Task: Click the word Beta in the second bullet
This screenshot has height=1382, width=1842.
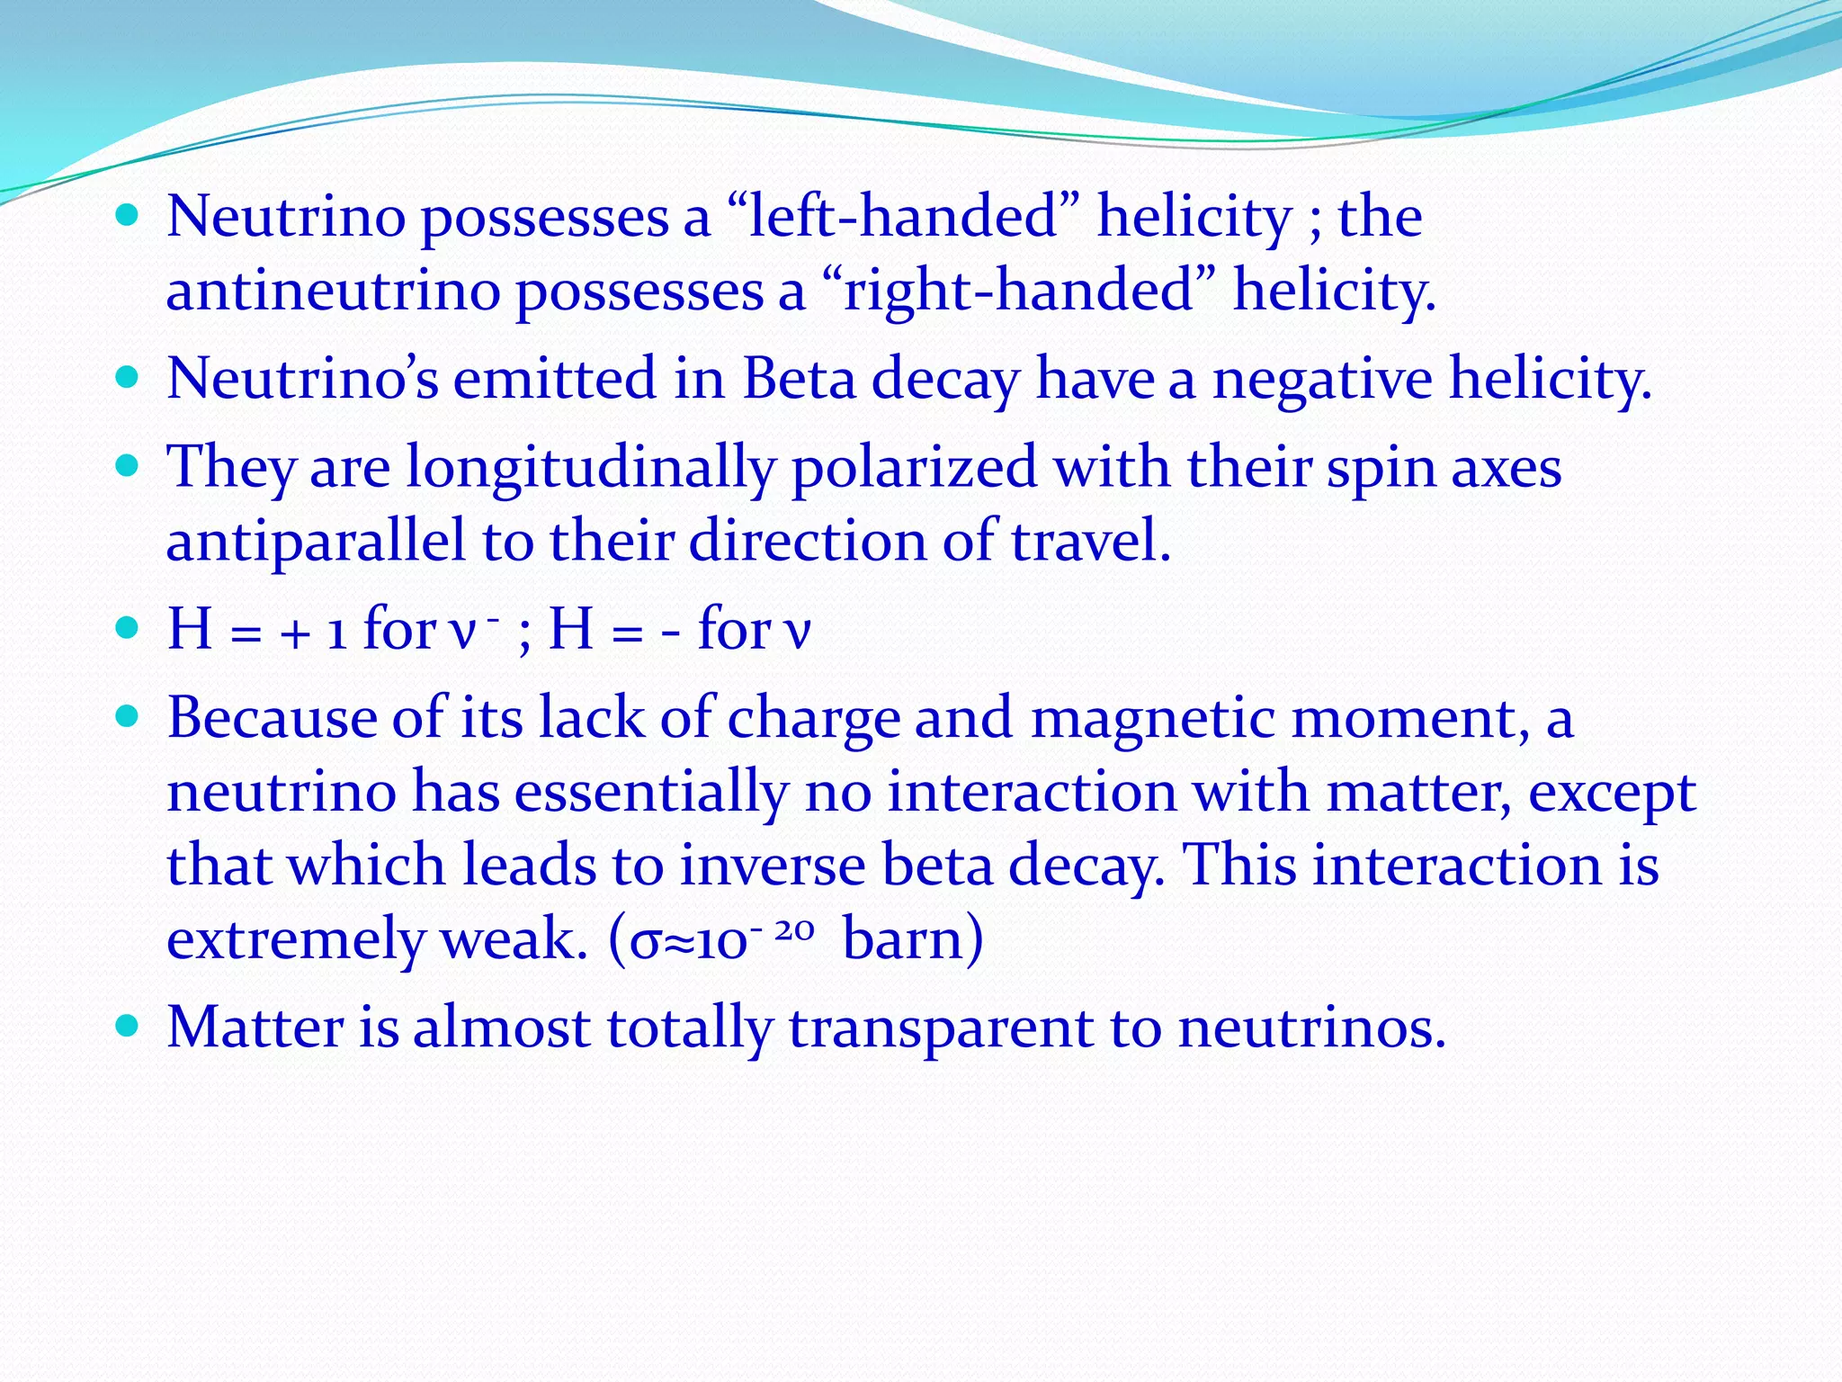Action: click(800, 378)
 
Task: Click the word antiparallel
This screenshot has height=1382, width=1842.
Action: click(316, 541)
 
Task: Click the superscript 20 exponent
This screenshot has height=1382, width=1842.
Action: click(794, 929)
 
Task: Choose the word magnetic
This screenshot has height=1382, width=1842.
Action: click(1152, 718)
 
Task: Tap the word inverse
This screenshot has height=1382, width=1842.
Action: click(773, 865)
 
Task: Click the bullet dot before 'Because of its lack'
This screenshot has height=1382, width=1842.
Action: click(128, 717)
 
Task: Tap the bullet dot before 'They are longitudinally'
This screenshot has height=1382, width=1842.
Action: click(128, 466)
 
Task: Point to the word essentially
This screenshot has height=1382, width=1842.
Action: click(651, 792)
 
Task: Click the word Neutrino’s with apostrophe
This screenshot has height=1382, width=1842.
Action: click(303, 378)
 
